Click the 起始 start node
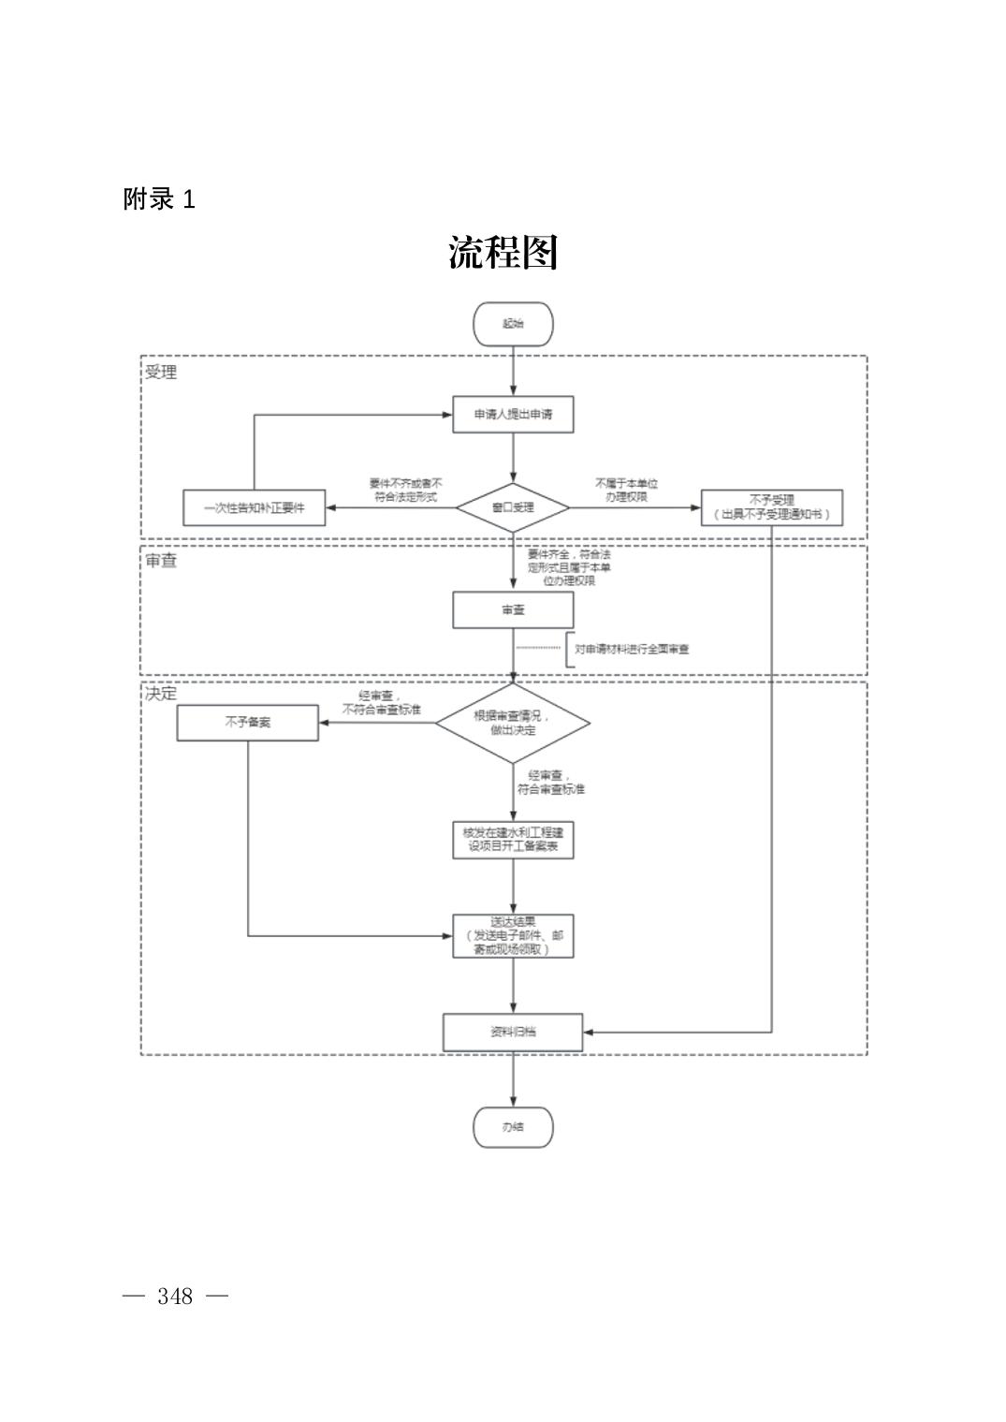[x=513, y=324]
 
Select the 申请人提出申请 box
[x=513, y=414]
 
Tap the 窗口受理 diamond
[x=513, y=507]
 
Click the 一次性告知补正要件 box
[x=255, y=507]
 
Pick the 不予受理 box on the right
[x=771, y=507]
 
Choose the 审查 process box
[x=513, y=609]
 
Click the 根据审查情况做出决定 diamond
[x=513, y=723]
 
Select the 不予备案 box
[x=248, y=723]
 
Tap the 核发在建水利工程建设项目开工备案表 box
[x=513, y=839]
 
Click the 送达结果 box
[x=513, y=935]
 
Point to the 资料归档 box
[x=513, y=1032]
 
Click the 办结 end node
[x=513, y=1126]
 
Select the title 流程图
[x=503, y=253]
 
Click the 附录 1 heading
[x=159, y=199]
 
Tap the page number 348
[x=175, y=1296]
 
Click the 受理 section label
[x=161, y=372]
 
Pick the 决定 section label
[x=161, y=694]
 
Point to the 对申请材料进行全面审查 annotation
[x=632, y=649]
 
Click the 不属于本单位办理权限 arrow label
[x=626, y=490]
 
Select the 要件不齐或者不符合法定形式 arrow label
[x=405, y=490]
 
